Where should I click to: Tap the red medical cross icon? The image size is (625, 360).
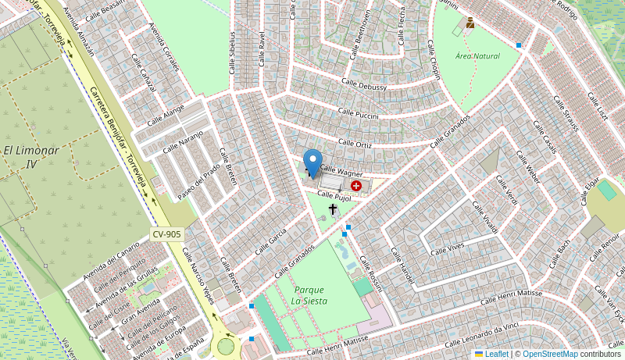[356, 186]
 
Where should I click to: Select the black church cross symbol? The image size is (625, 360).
[333, 209]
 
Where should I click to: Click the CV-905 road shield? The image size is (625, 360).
[166, 233]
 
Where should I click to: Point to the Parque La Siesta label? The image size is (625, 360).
[309, 295]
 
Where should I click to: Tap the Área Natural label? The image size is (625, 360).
[477, 56]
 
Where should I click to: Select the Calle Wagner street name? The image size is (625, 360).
[341, 170]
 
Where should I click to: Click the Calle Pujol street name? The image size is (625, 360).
[334, 196]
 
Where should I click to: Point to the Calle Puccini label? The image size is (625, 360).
[358, 113]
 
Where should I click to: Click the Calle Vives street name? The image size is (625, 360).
[447, 249]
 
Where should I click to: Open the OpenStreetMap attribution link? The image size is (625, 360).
[550, 354]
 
